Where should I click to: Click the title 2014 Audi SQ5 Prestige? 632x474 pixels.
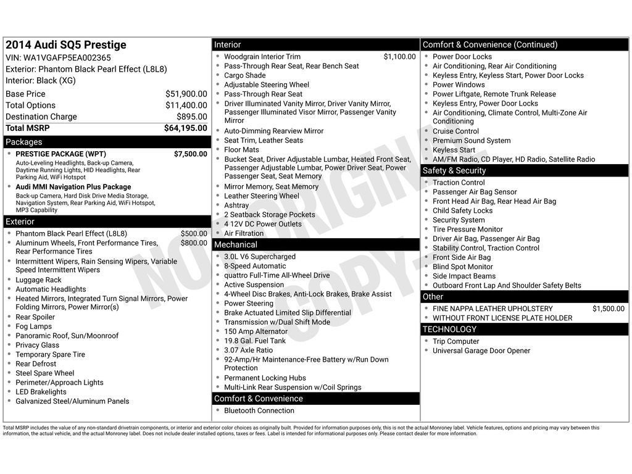(x=66, y=45)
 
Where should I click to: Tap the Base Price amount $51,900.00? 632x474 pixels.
(x=186, y=94)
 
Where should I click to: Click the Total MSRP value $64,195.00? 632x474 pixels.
(x=185, y=128)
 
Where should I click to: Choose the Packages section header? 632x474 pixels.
(x=24, y=142)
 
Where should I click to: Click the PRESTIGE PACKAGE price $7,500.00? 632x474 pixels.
(x=190, y=154)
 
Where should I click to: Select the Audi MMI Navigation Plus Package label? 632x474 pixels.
(x=73, y=187)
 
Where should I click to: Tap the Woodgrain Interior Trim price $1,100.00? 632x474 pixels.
(x=399, y=57)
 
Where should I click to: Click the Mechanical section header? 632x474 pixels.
(x=236, y=245)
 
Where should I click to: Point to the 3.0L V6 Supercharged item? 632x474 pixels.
(x=260, y=257)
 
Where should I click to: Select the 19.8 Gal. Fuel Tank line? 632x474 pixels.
(x=255, y=341)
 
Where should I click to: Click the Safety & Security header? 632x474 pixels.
(x=454, y=171)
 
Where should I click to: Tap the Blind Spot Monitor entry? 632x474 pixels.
(x=463, y=267)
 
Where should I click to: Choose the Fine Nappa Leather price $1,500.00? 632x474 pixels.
(x=608, y=309)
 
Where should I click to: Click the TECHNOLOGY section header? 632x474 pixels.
(x=450, y=330)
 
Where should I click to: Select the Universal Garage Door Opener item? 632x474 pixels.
(x=481, y=351)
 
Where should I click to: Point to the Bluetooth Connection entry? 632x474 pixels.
(x=259, y=410)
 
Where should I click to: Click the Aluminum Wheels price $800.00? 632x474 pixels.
(x=194, y=243)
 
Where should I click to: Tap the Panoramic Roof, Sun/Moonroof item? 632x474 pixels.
(x=67, y=336)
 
